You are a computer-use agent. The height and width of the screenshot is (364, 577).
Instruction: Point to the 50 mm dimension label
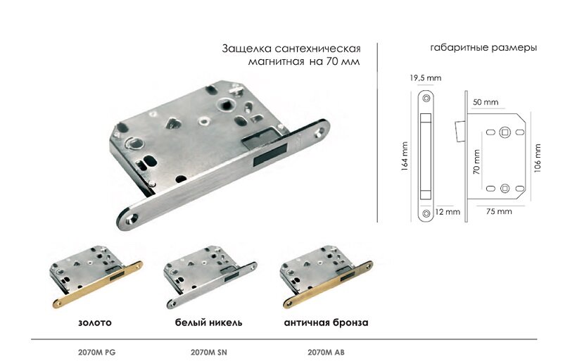486,102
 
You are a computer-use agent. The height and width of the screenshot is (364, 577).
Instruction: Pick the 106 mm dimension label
538,159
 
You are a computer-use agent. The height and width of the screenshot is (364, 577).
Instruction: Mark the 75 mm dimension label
499,211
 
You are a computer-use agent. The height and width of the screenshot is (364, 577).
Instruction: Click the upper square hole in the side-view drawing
505,132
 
